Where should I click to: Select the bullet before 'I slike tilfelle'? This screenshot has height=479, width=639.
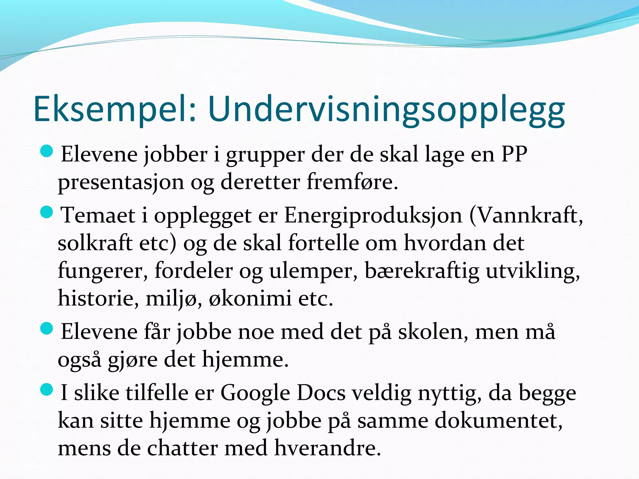(47, 390)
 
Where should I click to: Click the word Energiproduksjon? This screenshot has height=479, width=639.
(373, 215)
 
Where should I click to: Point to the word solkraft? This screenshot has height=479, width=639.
(95, 243)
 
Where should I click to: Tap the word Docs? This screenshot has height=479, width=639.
(321, 392)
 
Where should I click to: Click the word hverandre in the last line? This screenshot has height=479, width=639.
(328, 448)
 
